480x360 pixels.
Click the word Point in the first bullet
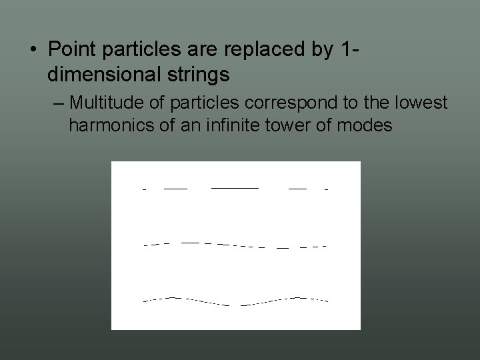pos(71,49)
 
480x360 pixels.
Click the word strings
pos(201,75)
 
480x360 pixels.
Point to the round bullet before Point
pos(33,50)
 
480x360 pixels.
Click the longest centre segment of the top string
pos(235,188)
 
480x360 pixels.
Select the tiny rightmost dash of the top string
pos(326,190)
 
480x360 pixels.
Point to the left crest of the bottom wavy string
pos(173,297)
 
